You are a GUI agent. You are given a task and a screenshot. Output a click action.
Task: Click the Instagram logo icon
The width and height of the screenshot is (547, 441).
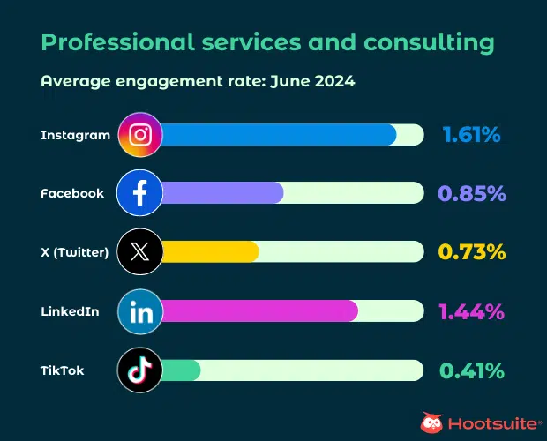click(139, 135)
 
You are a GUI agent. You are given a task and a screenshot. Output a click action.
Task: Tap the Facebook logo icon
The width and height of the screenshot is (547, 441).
click(139, 193)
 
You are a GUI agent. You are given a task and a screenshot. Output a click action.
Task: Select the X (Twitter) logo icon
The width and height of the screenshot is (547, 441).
click(139, 252)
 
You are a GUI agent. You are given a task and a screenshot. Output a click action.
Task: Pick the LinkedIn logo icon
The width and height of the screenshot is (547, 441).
click(139, 311)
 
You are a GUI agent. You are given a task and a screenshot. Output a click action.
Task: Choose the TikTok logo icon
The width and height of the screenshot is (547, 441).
click(139, 370)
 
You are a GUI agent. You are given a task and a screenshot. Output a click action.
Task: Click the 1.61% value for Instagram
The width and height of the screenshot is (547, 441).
click(471, 135)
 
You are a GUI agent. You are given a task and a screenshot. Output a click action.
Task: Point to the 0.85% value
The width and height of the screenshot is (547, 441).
click(471, 193)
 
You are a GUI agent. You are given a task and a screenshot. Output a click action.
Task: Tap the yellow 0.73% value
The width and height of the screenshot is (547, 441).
click(471, 252)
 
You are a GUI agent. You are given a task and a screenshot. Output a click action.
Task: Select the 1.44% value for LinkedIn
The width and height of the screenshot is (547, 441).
click(471, 311)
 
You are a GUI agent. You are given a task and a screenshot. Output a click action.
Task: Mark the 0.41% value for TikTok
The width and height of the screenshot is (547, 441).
click(471, 370)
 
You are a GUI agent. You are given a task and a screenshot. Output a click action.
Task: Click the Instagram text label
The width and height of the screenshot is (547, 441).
click(76, 135)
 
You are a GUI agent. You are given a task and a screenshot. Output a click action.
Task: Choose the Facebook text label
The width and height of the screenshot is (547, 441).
click(72, 193)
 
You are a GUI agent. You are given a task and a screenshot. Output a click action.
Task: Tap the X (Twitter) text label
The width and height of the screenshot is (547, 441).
click(75, 252)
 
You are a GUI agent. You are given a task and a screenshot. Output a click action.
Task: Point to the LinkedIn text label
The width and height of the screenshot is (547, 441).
click(70, 311)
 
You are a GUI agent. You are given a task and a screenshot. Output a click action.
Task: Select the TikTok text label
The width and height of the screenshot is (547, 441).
click(63, 370)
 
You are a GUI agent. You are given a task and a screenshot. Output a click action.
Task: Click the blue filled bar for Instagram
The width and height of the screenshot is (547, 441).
click(278, 135)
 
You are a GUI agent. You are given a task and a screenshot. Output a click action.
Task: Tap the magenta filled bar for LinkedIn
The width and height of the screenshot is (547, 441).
click(259, 311)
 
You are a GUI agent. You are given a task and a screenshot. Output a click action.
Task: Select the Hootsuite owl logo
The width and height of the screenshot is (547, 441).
click(431, 423)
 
